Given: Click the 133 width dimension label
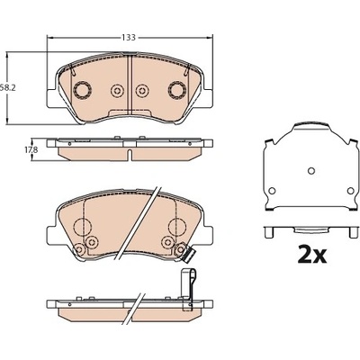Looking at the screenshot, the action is tap(129, 38).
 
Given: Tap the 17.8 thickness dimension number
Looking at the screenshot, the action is tap(31, 149).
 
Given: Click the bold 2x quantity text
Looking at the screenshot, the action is tap(312, 255).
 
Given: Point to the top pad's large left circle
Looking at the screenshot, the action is tap(82, 90).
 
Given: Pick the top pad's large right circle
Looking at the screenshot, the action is tap(177, 89).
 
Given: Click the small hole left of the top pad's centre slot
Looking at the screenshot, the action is tap(117, 90).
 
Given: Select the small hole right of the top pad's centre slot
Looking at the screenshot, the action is tap(142, 90).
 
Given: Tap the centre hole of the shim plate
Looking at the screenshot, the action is tap(311, 171).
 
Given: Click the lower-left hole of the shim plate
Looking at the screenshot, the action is tap(272, 191).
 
